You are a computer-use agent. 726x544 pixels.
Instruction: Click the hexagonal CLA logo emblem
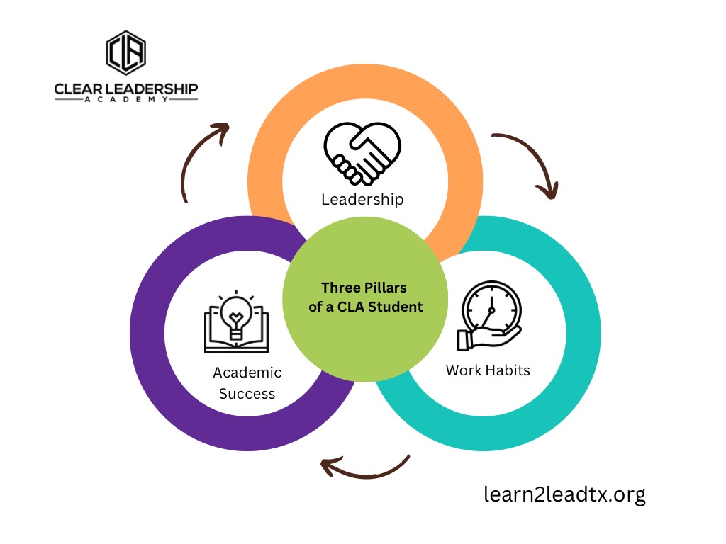(126, 52)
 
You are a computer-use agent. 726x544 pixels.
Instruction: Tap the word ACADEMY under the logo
(126, 99)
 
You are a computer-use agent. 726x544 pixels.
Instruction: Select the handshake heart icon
(362, 154)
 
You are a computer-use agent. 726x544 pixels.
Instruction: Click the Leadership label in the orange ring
(362, 199)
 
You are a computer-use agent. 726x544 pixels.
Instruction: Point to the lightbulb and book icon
(236, 322)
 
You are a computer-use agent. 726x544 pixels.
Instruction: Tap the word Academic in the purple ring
(247, 373)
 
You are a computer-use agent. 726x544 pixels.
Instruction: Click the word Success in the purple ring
(247, 394)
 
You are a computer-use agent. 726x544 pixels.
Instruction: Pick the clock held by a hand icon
(489, 315)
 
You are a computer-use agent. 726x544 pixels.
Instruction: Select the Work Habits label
(488, 370)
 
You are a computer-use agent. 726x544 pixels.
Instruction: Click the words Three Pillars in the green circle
(364, 288)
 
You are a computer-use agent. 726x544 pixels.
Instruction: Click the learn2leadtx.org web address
(564, 494)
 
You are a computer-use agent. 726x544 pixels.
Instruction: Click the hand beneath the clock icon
(488, 338)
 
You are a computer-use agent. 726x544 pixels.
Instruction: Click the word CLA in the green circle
(351, 307)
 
